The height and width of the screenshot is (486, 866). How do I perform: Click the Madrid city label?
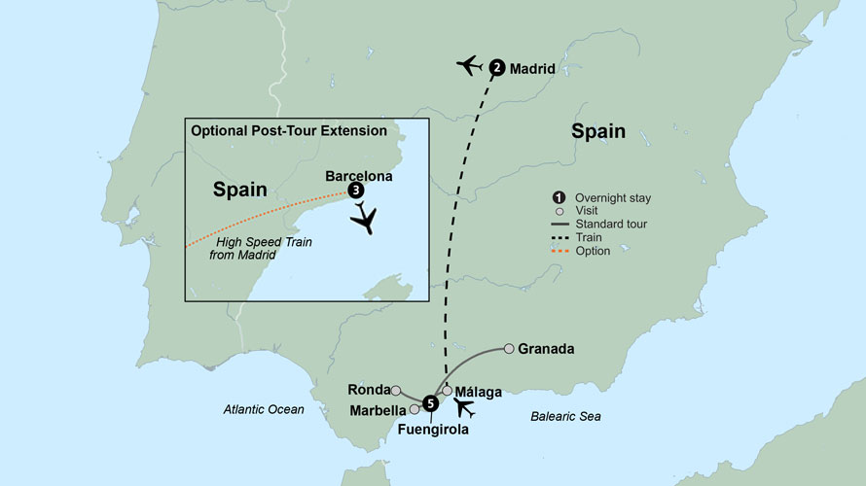pos(532,69)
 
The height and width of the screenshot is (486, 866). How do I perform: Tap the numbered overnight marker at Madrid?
pos(497,68)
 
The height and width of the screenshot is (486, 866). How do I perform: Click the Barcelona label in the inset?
pos(359,177)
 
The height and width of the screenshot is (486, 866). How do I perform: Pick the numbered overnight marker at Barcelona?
pos(356,191)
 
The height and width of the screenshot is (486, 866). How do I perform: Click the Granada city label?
pos(546,349)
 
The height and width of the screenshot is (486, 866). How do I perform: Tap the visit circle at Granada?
pos(509,348)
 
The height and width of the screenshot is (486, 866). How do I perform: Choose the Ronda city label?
pos(368,389)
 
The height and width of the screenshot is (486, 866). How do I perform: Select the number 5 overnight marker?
pos(429,401)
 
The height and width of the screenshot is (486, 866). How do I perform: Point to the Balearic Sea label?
pos(565,417)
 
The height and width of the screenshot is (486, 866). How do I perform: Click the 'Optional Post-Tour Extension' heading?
pos(289,130)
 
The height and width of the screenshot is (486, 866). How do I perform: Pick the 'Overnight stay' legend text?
pos(612,198)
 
